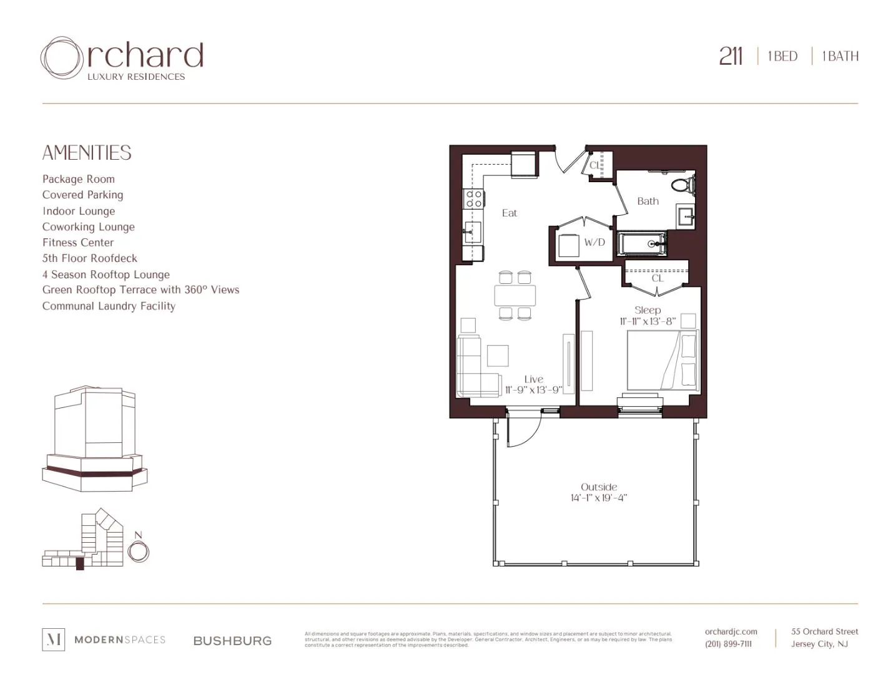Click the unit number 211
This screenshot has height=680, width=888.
tap(730, 56)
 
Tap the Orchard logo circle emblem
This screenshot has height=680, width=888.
tap(61, 58)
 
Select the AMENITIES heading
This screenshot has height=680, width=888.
tap(87, 153)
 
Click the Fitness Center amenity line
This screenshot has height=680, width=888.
tap(78, 243)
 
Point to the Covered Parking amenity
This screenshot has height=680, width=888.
tap(82, 195)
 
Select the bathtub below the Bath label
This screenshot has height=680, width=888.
tap(642, 243)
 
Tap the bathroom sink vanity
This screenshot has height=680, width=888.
tap(686, 217)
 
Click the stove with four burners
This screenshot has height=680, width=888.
tap(473, 199)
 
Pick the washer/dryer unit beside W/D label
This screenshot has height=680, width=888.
tap(569, 245)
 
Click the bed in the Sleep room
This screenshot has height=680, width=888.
tap(662, 360)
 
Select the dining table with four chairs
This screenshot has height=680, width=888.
tap(515, 295)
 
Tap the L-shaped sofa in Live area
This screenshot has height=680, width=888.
tap(475, 368)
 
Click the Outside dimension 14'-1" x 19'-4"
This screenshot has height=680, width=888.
tap(598, 498)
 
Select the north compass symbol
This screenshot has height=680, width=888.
tap(138, 551)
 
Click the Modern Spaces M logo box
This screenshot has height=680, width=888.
tap(53, 639)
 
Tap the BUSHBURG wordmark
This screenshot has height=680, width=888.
tap(232, 641)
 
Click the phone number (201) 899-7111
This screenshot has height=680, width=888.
tap(728, 644)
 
